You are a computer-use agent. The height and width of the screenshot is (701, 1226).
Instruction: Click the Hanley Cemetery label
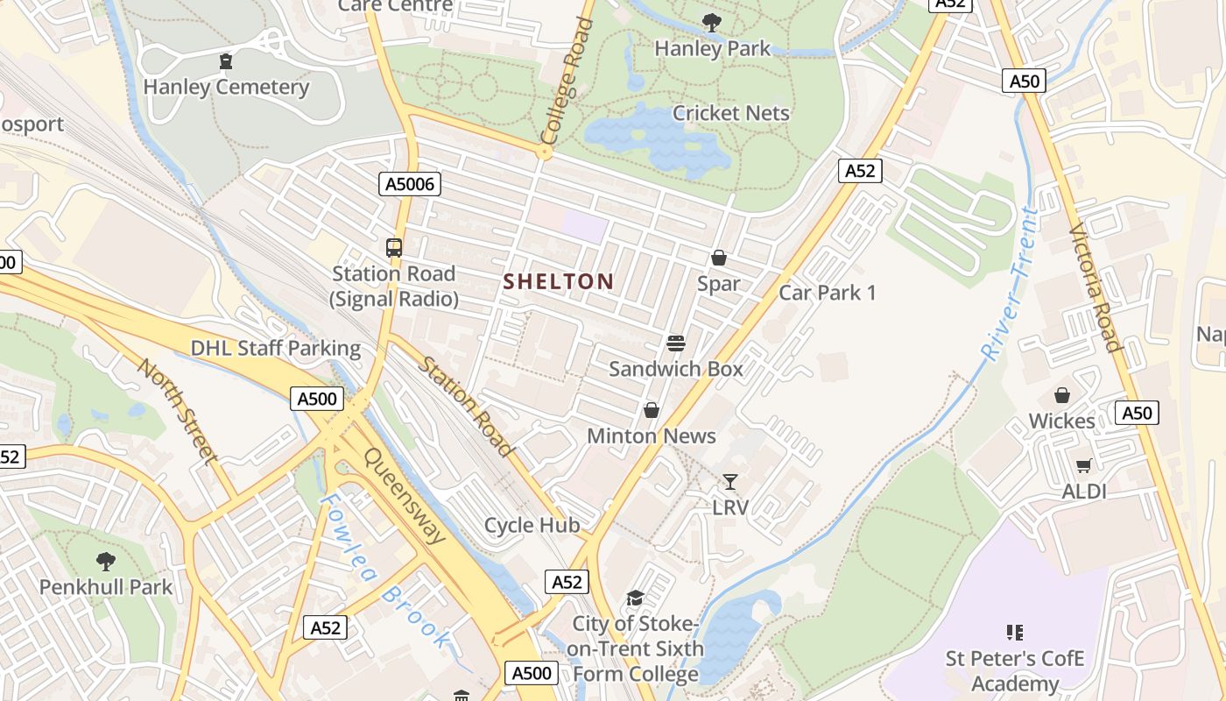click(226, 87)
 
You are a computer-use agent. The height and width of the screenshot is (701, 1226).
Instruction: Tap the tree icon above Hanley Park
click(712, 23)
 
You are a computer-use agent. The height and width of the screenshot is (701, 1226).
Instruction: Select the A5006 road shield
click(410, 183)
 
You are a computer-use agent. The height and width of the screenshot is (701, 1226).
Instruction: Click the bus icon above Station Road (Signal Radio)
click(394, 248)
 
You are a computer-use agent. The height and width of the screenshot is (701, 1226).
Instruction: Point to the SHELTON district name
click(559, 281)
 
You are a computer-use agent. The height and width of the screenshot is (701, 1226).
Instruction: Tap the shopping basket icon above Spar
click(719, 258)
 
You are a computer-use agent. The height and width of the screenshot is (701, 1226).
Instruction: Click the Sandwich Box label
click(675, 369)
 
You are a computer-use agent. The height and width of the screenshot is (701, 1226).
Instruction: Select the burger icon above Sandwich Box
click(675, 343)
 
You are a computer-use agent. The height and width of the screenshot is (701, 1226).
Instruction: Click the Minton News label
click(651, 435)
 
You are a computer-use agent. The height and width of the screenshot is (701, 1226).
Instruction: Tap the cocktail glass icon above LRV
click(730, 481)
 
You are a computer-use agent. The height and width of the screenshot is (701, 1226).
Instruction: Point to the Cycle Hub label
click(532, 525)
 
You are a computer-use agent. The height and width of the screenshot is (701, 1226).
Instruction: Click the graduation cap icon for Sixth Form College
click(635, 598)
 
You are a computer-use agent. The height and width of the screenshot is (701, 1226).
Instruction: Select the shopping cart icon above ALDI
click(1084, 465)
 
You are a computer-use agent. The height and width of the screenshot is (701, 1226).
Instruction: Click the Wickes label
click(1061, 421)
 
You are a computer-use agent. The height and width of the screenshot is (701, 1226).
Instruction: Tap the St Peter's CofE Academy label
click(1015, 670)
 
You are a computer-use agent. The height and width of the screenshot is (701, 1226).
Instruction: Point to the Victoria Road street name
click(1095, 287)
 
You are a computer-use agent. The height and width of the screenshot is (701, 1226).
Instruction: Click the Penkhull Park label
click(106, 586)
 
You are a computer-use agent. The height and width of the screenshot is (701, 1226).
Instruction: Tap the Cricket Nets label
click(730, 113)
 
